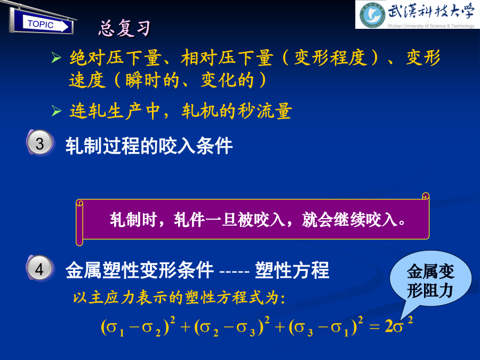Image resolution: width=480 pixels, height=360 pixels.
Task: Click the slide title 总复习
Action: pos(125,28)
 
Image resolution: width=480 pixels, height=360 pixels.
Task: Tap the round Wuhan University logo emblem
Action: pos(372,15)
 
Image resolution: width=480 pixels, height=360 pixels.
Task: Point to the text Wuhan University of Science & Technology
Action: pos(431,26)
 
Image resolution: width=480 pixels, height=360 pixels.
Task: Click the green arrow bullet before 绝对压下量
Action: pos(57,57)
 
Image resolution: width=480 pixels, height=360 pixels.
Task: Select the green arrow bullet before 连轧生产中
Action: pos(57,110)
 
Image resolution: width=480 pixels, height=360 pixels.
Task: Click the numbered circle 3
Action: pos(40,143)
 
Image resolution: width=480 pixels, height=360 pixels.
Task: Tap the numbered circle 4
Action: pos(40,268)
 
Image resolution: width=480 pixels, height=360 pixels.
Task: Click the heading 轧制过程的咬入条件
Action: pos(149,146)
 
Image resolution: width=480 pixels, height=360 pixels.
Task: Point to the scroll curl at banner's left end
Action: pos(79,222)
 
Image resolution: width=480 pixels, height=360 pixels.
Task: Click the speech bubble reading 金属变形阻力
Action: pos(430,281)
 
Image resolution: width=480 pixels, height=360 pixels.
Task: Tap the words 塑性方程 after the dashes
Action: pos(292,270)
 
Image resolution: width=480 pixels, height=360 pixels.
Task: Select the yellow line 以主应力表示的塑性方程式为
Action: pos(179,298)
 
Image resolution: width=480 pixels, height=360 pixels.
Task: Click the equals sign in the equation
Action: pos(374,327)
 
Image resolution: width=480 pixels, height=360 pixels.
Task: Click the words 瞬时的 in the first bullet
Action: pos(152,80)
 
